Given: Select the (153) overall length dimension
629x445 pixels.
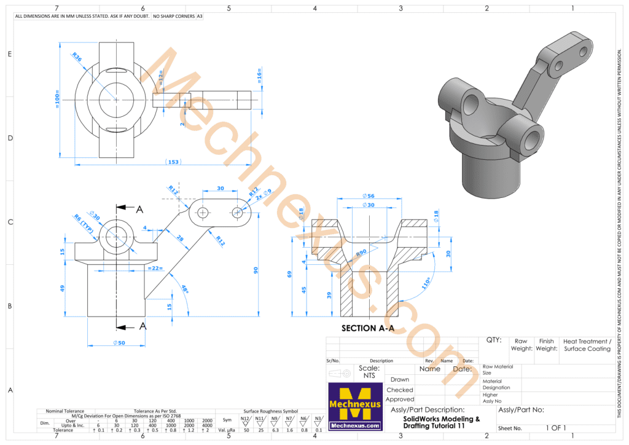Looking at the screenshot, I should coord(173,162).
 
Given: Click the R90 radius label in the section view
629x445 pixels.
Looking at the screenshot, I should coord(361,252).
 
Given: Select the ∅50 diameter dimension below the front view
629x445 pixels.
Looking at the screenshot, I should coord(119,342).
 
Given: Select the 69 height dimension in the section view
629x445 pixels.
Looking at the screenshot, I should coord(289,274).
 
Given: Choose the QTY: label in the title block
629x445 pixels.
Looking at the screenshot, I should coord(493,340).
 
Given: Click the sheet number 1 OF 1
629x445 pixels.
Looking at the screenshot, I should coord(555,428).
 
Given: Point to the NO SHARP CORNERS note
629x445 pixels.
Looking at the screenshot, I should coord(173,16).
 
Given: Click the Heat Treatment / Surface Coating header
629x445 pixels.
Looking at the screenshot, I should coord(587,345).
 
